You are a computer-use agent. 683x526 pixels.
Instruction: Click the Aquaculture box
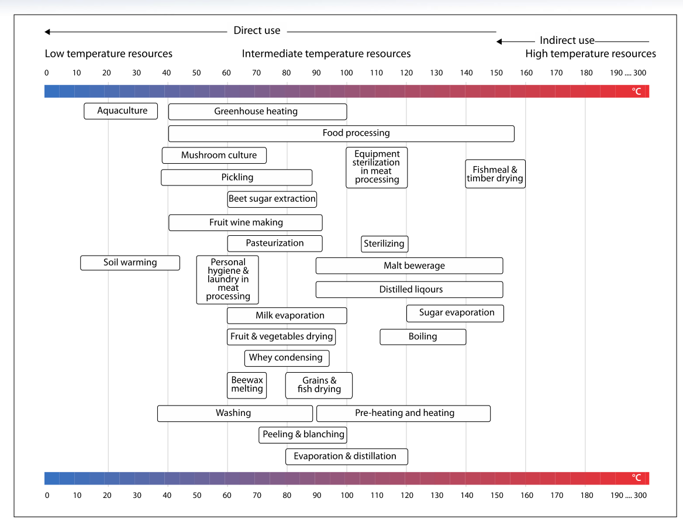click(121, 111)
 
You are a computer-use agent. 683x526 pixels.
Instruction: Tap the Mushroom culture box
click(214, 156)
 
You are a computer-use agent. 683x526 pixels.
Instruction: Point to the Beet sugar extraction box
click(272, 199)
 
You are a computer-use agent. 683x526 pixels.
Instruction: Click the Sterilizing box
click(384, 244)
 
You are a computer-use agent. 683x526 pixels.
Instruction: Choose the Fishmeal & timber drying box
click(495, 174)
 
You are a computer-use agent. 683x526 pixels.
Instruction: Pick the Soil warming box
click(130, 263)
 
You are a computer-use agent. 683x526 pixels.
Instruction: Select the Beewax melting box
click(247, 385)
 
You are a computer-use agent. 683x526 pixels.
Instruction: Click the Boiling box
click(423, 337)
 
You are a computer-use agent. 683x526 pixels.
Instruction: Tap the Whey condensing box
click(287, 358)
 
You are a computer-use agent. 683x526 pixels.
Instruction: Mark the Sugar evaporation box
click(456, 313)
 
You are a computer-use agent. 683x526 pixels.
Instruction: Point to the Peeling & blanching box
click(303, 435)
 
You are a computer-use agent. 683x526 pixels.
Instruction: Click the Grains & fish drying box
click(319, 385)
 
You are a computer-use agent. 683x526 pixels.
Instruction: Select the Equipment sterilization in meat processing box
click(377, 167)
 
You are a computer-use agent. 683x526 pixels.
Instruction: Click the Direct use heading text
click(257, 31)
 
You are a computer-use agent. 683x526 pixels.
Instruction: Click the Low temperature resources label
click(109, 54)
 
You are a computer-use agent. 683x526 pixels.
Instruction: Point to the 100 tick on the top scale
click(346, 73)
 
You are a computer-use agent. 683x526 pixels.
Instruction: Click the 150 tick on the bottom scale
click(496, 496)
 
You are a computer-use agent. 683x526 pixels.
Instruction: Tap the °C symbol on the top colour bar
click(637, 91)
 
